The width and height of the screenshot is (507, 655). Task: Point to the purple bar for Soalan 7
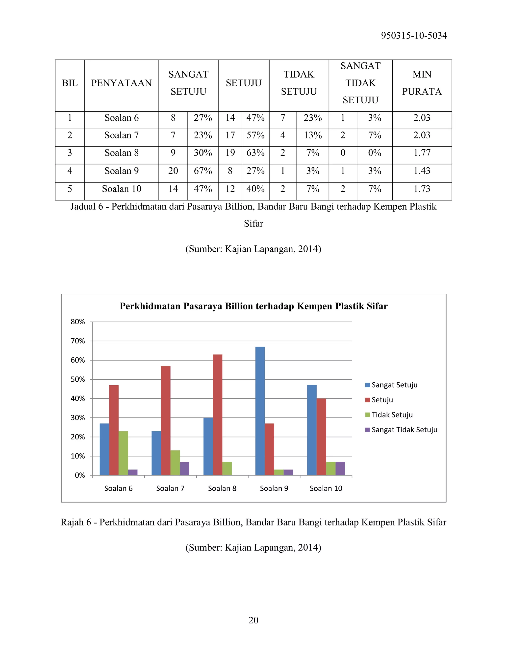(x=184, y=468)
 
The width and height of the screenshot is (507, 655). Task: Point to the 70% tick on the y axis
(x=78, y=341)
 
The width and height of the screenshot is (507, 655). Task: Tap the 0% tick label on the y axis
(x=80, y=475)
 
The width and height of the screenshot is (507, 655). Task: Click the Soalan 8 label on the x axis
(x=222, y=489)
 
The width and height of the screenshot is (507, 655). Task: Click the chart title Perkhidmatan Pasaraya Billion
(x=253, y=306)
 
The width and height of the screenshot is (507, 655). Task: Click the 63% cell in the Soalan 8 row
(x=255, y=153)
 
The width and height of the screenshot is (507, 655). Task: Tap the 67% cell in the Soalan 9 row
(x=203, y=171)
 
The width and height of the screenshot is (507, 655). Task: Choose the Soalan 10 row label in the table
(x=121, y=189)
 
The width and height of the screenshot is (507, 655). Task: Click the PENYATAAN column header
(x=121, y=83)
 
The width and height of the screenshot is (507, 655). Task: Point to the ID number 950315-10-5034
(x=414, y=36)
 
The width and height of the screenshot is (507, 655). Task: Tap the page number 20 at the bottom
(x=253, y=620)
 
